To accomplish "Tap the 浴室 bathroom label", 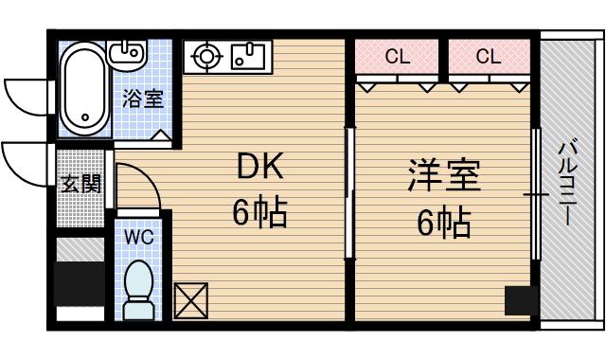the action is [x=144, y=98].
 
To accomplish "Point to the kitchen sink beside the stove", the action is [x=248, y=55].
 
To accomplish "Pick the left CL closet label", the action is [x=398, y=57].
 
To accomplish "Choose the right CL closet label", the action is [x=488, y=57].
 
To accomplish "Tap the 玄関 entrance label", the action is [x=80, y=184].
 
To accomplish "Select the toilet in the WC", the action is [x=140, y=289].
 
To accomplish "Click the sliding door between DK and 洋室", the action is [x=348, y=194].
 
